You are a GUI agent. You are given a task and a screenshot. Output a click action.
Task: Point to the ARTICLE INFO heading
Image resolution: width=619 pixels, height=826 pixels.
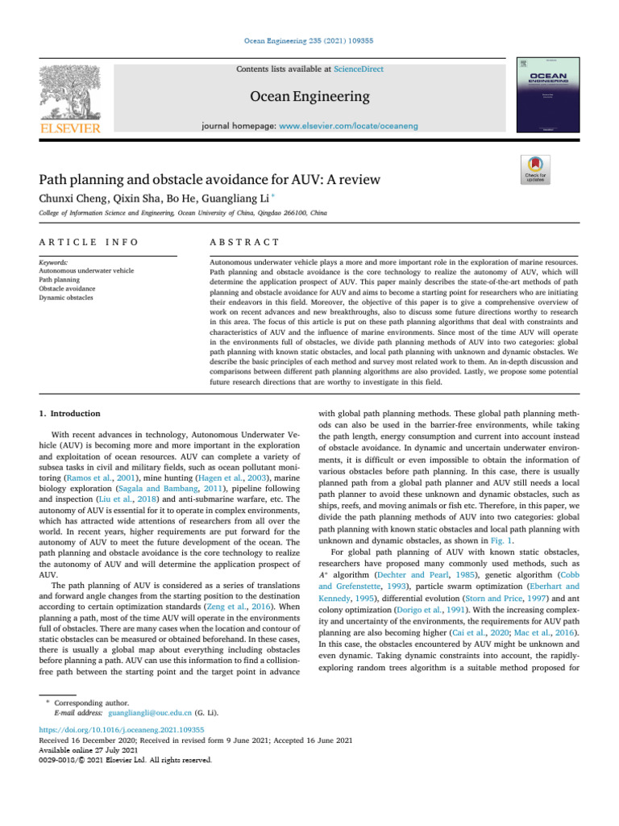[x=89, y=242]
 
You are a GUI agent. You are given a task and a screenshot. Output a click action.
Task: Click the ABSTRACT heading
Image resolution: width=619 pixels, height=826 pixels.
[x=244, y=242]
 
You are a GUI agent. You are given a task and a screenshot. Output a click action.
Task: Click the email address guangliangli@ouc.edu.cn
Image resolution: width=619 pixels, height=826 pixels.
[x=150, y=713]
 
